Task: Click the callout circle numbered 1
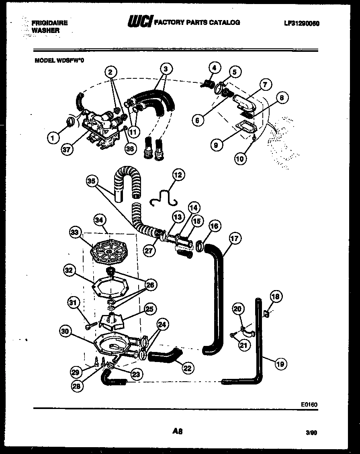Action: click(52, 138)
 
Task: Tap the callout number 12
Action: click(177, 175)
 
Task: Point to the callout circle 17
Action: click(235, 239)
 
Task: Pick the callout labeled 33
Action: click(75, 233)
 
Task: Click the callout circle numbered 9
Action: click(216, 145)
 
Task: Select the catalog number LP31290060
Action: click(301, 23)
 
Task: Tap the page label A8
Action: click(178, 432)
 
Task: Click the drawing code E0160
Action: click(309, 404)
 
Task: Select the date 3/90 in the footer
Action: click(312, 433)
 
